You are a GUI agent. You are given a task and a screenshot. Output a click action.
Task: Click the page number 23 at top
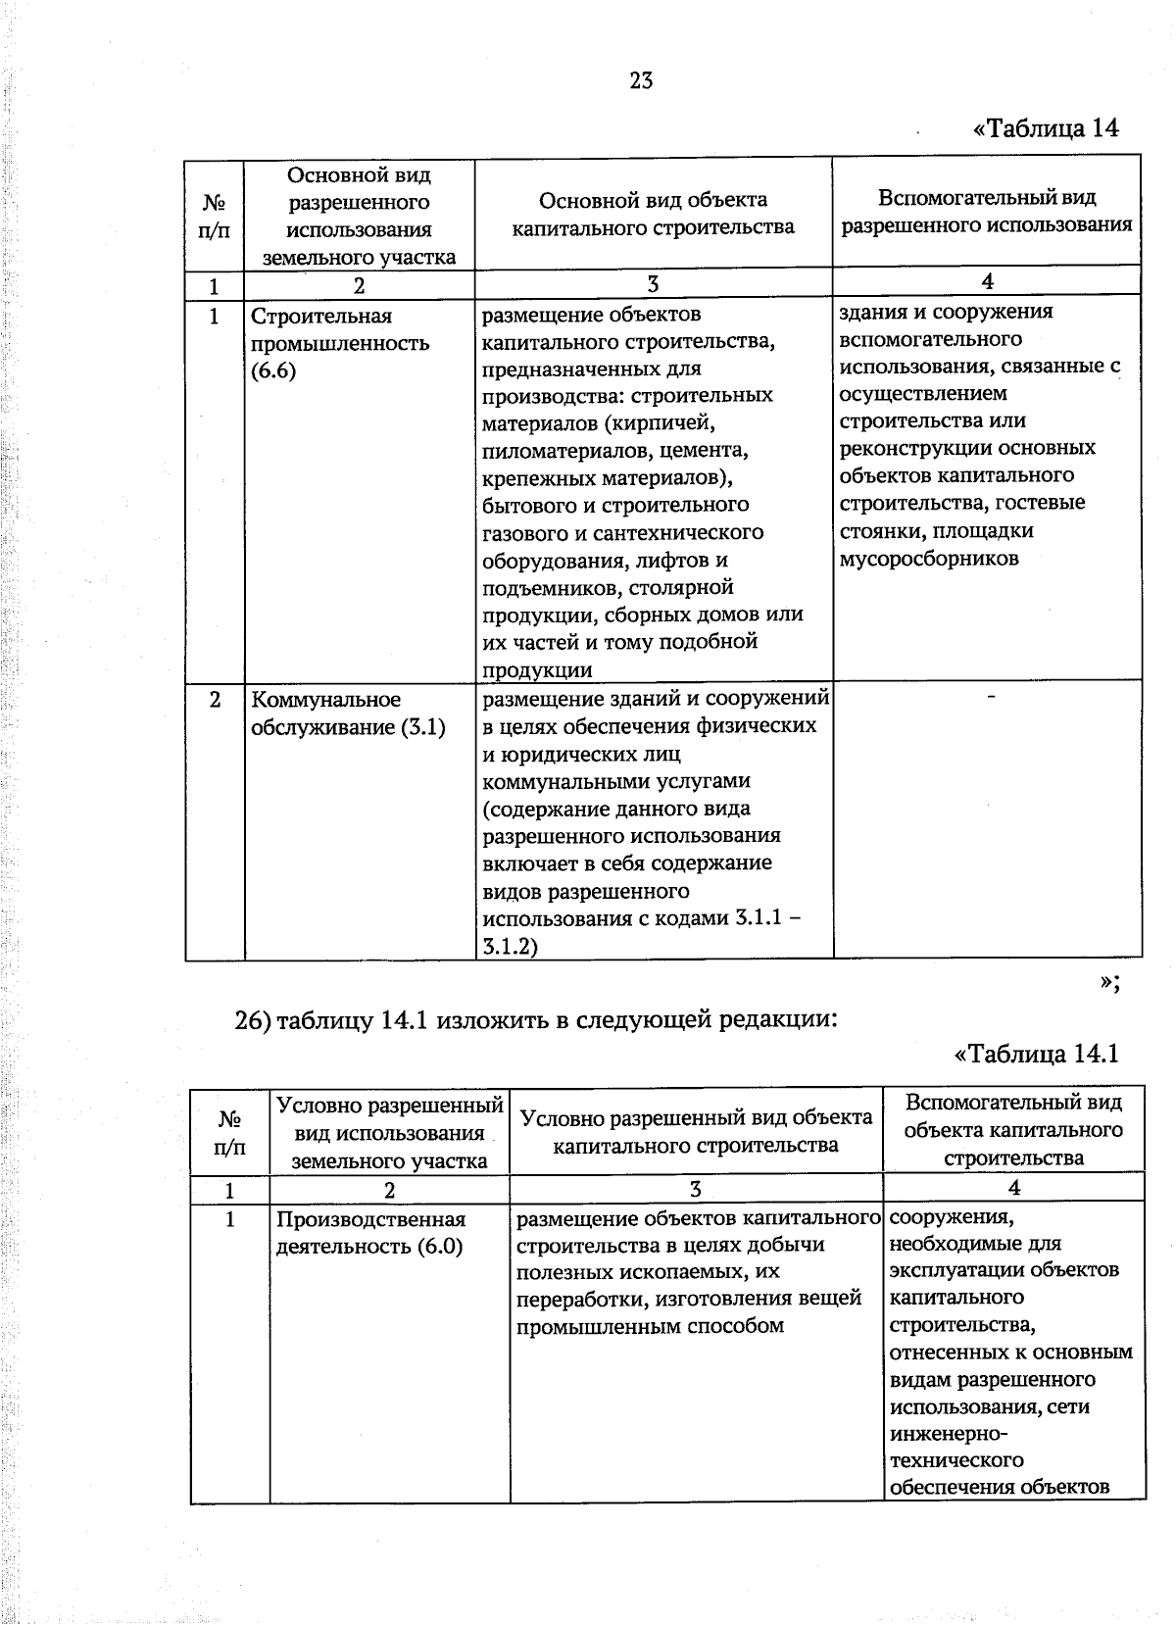point(641,80)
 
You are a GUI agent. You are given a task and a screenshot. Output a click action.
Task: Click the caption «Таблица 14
point(1045,128)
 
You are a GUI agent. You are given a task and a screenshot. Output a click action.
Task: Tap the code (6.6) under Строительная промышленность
point(273,370)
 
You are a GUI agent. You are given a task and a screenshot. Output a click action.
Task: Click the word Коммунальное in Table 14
point(325,700)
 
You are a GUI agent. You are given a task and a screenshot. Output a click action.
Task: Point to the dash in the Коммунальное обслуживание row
point(992,696)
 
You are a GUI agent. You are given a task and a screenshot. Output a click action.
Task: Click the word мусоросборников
point(929,559)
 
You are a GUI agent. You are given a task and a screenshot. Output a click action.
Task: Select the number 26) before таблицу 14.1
point(252,1020)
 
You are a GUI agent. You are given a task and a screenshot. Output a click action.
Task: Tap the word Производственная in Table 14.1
point(370,1219)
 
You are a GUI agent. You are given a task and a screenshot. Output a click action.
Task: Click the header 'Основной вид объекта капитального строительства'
point(653,214)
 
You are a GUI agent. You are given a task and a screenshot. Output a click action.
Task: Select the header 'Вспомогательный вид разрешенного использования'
point(987,211)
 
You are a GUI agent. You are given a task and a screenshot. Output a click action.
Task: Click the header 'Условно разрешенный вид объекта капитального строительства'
point(696,1131)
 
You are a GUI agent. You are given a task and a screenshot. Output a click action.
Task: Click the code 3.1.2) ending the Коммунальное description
point(510,947)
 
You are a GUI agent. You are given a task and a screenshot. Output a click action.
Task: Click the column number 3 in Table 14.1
point(695,1190)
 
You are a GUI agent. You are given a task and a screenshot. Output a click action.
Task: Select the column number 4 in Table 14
point(987,282)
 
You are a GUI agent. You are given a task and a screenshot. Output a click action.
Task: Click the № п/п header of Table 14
point(215,216)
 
